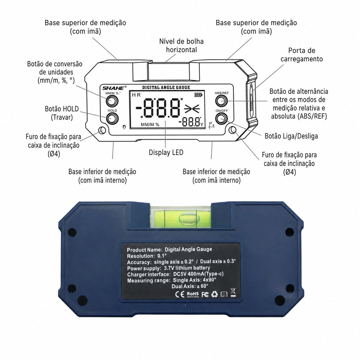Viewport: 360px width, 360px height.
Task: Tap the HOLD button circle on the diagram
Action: (112, 119)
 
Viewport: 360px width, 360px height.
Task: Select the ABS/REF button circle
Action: (221, 101)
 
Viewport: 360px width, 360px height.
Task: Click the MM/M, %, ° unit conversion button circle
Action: (112, 101)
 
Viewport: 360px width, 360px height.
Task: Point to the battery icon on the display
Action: (198, 95)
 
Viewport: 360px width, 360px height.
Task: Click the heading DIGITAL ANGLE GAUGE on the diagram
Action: (166, 88)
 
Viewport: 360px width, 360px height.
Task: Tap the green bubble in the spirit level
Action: (189, 218)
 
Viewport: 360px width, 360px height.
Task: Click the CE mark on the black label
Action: (180, 295)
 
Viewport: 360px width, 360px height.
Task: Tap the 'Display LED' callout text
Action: (166, 152)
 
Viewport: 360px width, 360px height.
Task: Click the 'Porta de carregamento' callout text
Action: (301, 55)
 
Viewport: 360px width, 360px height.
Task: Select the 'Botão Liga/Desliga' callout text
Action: (291, 136)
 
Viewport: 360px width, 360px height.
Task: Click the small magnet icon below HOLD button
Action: (124, 127)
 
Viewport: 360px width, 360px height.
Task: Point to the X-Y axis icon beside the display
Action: (211, 124)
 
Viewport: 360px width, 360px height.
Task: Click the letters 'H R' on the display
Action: (136, 95)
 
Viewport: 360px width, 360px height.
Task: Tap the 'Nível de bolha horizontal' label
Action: (181, 46)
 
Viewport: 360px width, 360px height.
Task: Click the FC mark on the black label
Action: (205, 295)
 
